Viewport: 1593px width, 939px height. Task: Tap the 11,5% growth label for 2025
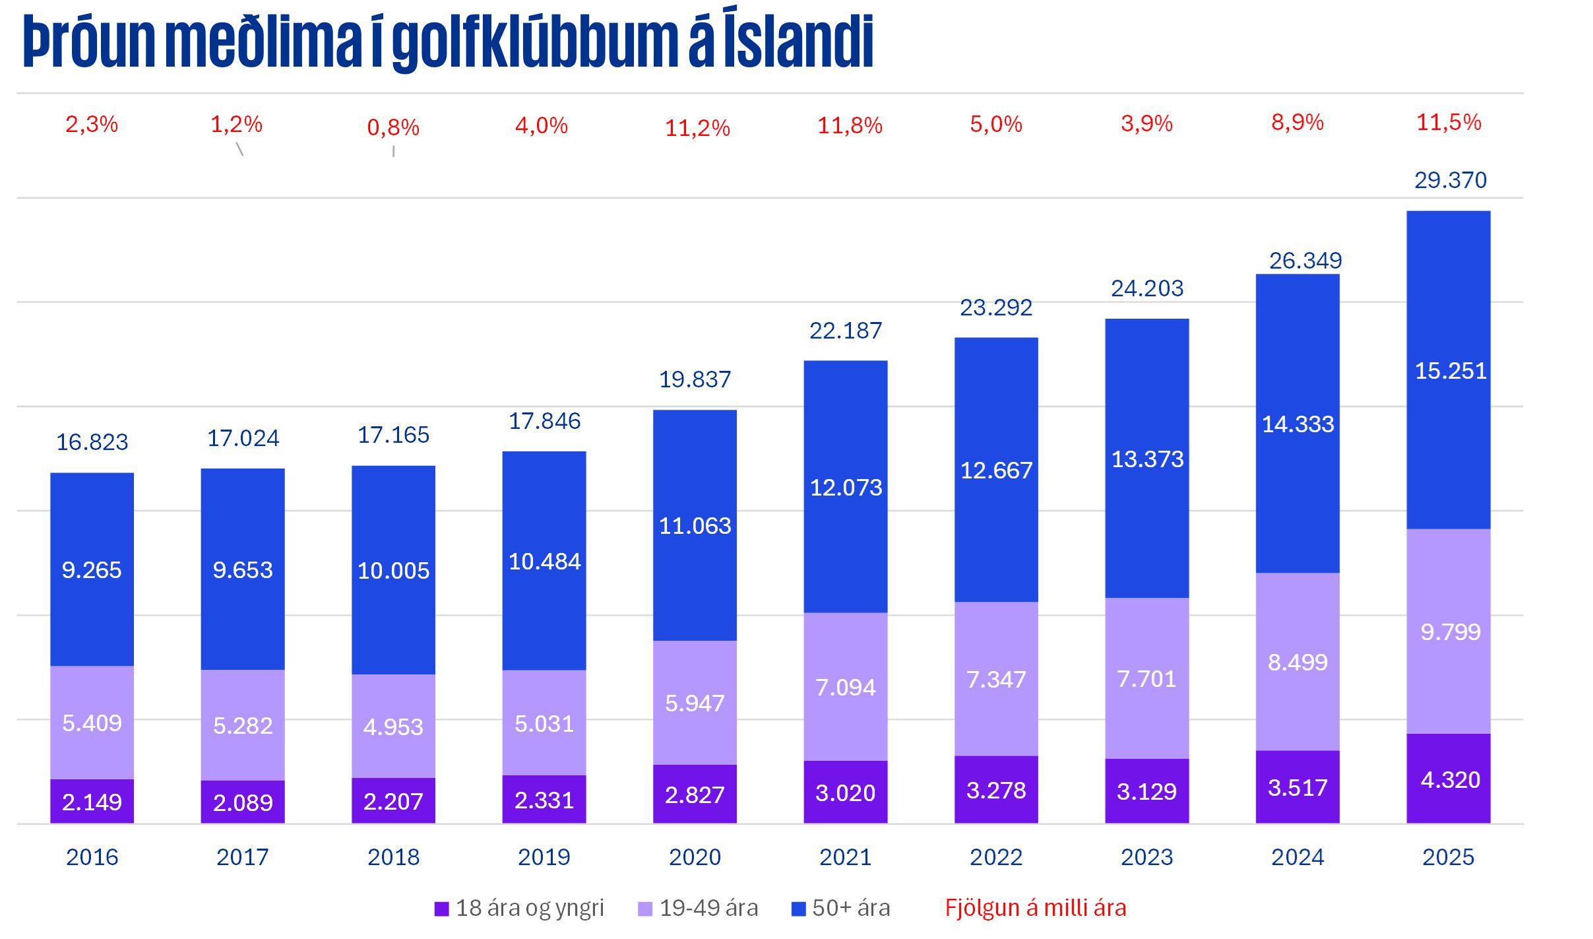pyautogui.click(x=1449, y=123)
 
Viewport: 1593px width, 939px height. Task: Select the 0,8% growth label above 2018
pyautogui.click(x=393, y=128)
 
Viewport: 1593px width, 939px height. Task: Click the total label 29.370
pyautogui.click(x=1450, y=180)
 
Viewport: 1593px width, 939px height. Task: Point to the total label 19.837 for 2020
pyautogui.click(x=695, y=379)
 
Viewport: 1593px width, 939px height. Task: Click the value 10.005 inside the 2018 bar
pyautogui.click(x=393, y=571)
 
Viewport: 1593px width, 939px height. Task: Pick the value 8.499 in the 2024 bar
pyautogui.click(x=1297, y=663)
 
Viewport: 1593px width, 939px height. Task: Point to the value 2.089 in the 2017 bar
pyautogui.click(x=242, y=803)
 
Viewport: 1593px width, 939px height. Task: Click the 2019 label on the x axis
pyautogui.click(x=544, y=857)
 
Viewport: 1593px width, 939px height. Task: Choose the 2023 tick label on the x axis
pyautogui.click(x=1146, y=857)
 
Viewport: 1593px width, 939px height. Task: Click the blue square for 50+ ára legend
pyautogui.click(x=798, y=909)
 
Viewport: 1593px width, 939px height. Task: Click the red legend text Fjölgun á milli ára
pyautogui.click(x=1035, y=909)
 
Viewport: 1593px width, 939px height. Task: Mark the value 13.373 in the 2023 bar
pyautogui.click(x=1147, y=459)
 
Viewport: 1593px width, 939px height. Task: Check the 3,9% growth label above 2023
pyautogui.click(x=1146, y=124)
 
